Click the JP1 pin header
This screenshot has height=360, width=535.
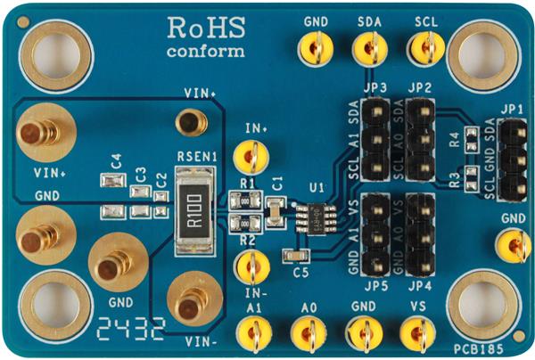point(512,160)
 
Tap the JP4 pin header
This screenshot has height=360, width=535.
point(419,233)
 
